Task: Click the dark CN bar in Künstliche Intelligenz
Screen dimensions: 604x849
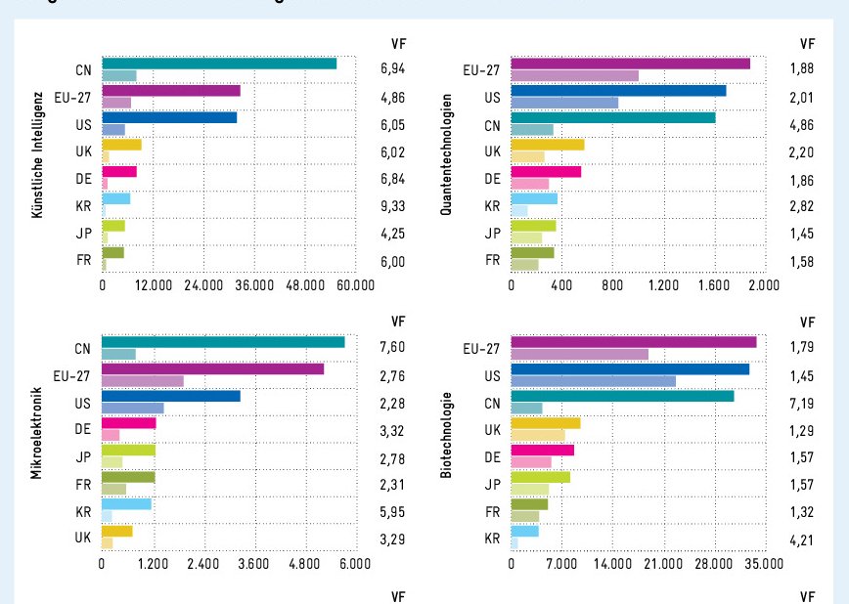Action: pos(219,64)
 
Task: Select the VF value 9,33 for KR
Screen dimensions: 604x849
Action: pos(393,207)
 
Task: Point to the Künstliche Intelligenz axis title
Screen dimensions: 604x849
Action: pos(35,156)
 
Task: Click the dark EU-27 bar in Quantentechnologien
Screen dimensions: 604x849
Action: pos(630,64)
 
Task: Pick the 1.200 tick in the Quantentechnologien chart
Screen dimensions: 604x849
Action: pos(662,285)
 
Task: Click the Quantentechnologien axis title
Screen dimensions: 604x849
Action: pos(446,156)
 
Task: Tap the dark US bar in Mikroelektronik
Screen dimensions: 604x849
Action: pos(171,396)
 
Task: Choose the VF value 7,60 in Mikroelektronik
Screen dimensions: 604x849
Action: pos(393,346)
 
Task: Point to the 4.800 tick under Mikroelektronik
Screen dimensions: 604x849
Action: pos(304,563)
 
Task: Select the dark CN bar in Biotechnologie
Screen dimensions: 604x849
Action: pos(622,396)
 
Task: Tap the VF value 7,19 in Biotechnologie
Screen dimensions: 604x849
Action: pos(802,402)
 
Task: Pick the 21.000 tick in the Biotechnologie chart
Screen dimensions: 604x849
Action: pos(662,563)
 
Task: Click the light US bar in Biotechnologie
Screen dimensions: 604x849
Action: pos(593,380)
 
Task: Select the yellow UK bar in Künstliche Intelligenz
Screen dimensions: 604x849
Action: pos(121,145)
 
